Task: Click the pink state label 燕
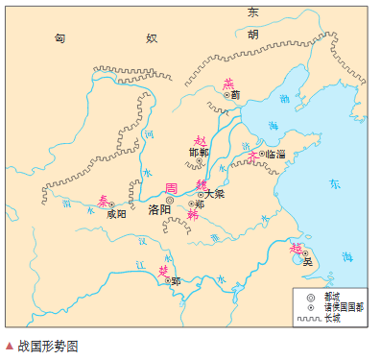(227, 84)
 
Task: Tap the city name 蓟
(235, 95)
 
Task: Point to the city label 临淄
(275, 153)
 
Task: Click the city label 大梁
(213, 194)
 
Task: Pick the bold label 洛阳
(159, 209)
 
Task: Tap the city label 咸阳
(116, 214)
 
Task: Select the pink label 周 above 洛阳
(172, 187)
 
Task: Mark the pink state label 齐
(253, 155)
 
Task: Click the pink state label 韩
(192, 215)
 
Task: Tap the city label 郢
(176, 281)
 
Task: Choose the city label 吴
(307, 261)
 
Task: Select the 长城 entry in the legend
(332, 318)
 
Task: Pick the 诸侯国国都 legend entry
(342, 306)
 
